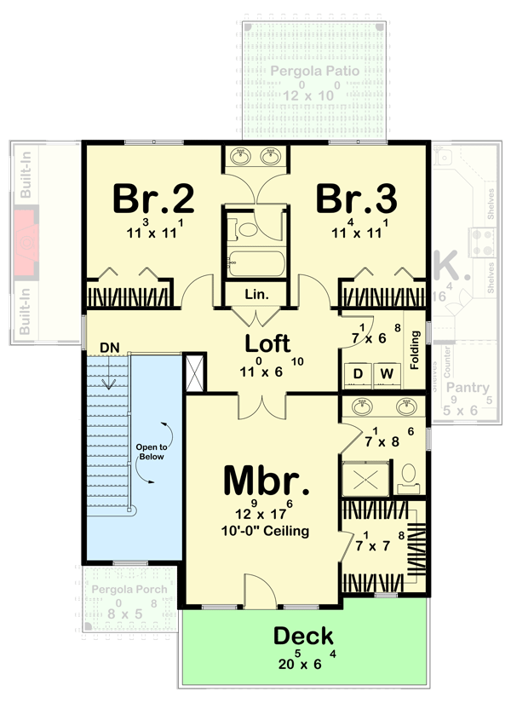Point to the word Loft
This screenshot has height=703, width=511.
point(267,343)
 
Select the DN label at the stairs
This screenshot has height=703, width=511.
point(109,347)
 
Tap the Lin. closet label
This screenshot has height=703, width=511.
point(256,295)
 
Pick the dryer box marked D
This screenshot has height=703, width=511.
point(359,373)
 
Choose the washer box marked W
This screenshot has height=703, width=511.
point(387,373)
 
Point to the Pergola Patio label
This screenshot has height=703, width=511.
point(314,70)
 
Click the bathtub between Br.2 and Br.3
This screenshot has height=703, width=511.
point(255,262)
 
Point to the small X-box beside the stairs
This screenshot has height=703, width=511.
point(195,372)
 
